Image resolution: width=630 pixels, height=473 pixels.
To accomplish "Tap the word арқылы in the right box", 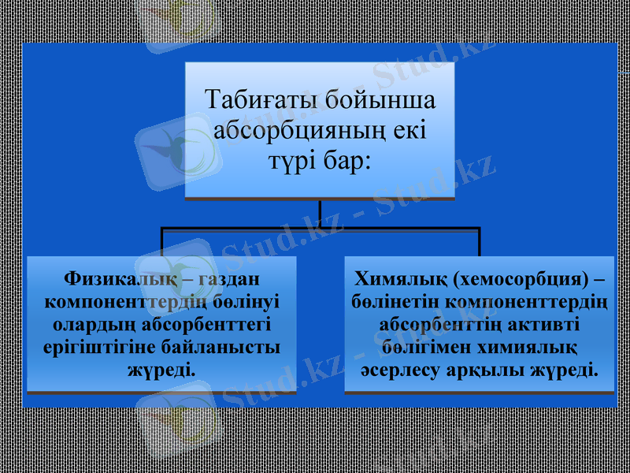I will pos(488,369).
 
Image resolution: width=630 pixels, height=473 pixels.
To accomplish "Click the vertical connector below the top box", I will pos(321,213).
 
